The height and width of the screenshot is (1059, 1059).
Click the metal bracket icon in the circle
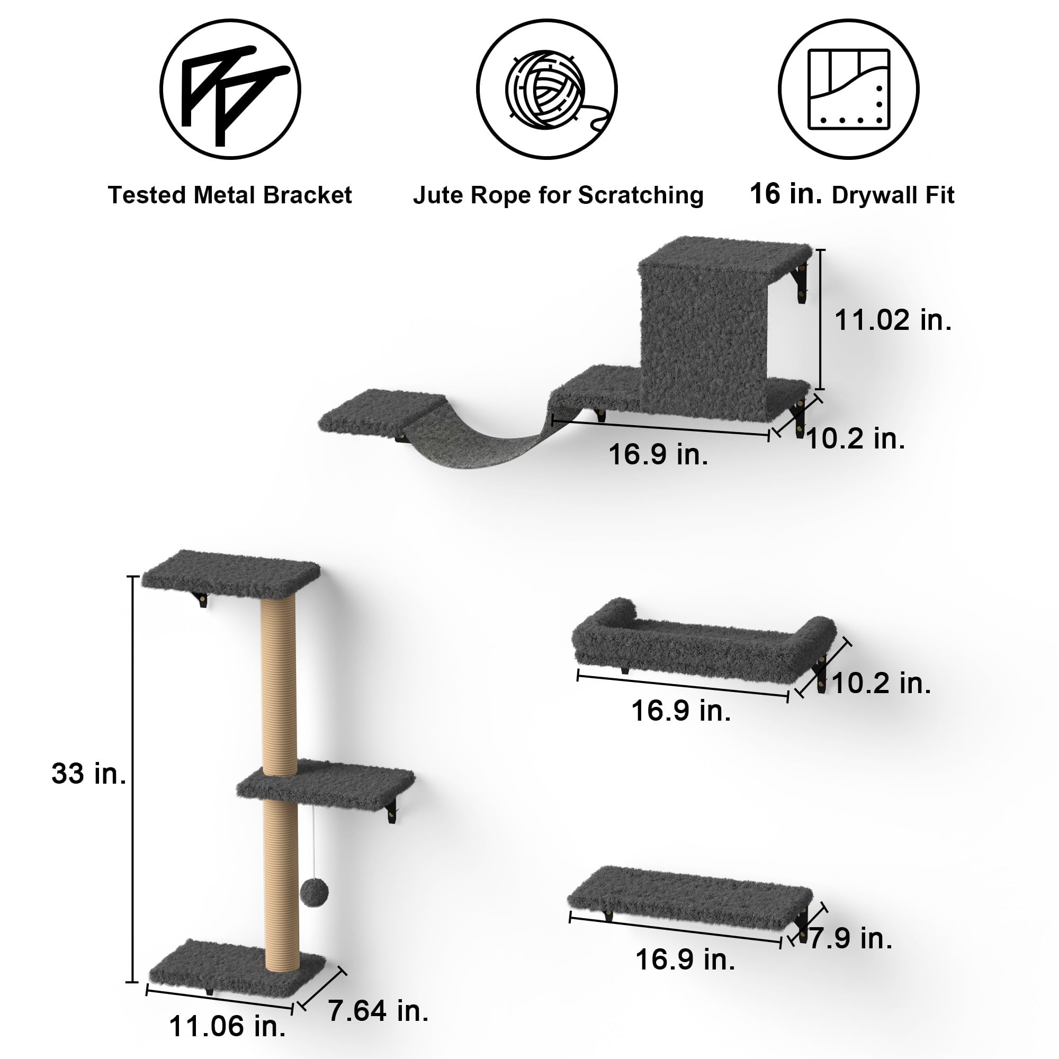click(230, 89)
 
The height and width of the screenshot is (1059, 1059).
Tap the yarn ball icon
click(546, 89)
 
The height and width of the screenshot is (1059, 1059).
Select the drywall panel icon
click(848, 89)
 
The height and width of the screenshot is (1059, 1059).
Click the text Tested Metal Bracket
click(230, 195)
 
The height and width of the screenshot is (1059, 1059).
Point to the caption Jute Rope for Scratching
click(558, 195)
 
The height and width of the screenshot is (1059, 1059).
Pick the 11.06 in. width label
click(227, 1026)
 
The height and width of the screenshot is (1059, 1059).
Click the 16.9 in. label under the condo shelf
click(658, 454)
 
